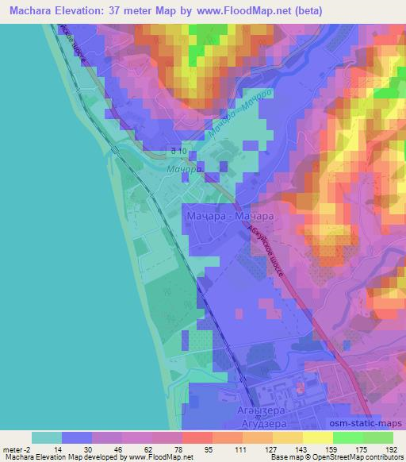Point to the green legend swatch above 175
click(347, 437)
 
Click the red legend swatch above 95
click(196, 437)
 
